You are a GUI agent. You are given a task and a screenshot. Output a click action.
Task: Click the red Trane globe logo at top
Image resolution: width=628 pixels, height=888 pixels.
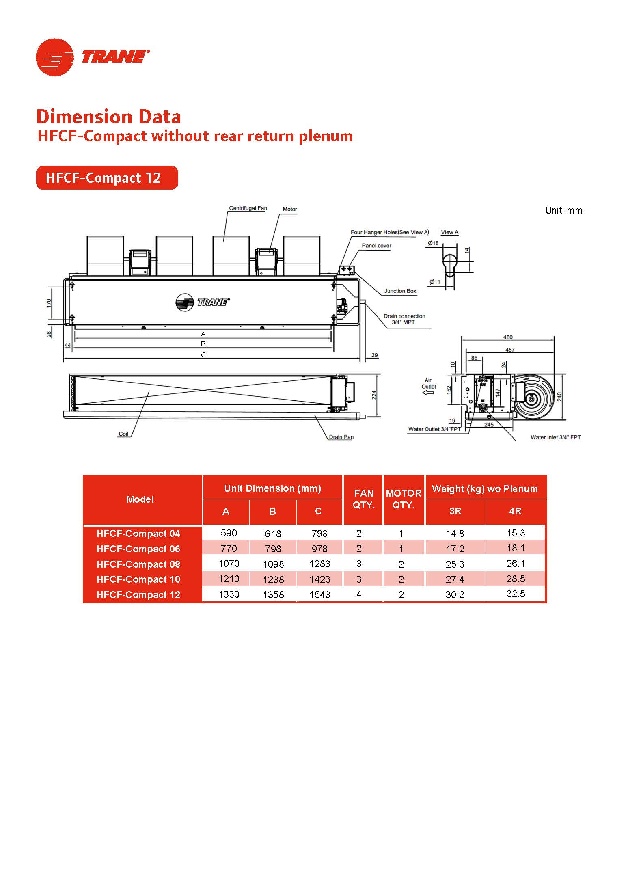point(55,57)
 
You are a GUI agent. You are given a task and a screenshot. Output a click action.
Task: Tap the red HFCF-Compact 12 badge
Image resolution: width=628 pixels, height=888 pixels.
point(107,178)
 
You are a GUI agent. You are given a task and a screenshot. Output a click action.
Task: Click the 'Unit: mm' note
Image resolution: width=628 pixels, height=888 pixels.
point(563,210)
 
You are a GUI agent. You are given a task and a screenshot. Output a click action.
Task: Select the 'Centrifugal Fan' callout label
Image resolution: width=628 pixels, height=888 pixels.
point(248,208)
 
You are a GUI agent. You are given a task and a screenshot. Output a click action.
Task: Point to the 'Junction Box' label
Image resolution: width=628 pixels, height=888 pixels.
point(400,291)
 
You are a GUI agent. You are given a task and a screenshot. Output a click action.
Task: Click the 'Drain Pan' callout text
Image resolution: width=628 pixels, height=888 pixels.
point(341,437)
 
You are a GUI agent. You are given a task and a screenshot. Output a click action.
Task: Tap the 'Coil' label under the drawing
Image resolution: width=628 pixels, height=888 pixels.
point(123,434)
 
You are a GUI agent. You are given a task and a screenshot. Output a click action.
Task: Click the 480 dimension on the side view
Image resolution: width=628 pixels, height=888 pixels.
point(507,337)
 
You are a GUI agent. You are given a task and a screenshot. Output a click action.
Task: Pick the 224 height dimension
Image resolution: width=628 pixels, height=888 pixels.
point(374,395)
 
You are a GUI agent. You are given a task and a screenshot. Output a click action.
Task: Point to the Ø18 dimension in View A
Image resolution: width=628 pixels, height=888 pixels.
point(433,243)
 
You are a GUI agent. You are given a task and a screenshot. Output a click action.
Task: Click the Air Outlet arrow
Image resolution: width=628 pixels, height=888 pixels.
point(428,393)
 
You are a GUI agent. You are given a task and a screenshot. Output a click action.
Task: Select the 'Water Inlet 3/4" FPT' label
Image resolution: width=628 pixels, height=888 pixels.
point(555,437)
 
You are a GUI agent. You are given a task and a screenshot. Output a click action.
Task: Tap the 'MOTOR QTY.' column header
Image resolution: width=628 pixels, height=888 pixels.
point(404,499)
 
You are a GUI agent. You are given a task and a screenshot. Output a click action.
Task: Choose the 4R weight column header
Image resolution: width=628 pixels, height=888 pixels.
point(515,511)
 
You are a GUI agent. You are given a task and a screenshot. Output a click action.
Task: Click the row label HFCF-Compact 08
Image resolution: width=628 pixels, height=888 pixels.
point(138,564)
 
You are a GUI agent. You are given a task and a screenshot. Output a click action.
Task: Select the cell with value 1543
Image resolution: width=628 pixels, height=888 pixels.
point(319,595)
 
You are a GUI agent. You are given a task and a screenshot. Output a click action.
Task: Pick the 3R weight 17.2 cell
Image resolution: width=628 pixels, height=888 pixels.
point(455,549)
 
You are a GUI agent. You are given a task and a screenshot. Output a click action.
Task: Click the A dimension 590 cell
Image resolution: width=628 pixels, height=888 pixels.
point(229,533)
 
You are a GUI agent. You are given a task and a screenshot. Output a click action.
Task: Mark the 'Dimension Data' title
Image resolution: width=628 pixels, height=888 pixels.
point(109,117)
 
